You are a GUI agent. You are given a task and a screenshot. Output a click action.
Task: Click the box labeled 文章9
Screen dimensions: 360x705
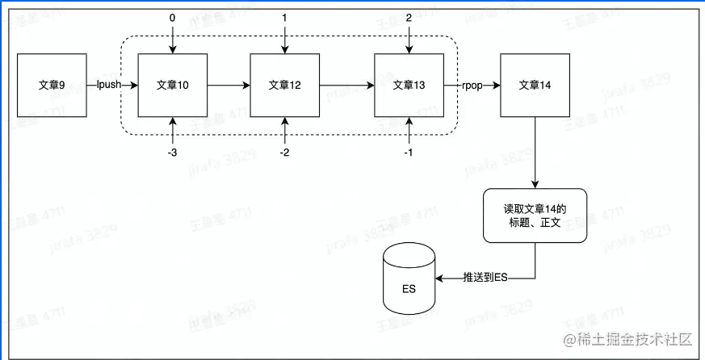coord(52,85)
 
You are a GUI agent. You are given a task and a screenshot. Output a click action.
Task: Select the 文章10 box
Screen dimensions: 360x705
coord(172,85)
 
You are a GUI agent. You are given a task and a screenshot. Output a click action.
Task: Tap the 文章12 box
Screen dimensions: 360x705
coord(284,85)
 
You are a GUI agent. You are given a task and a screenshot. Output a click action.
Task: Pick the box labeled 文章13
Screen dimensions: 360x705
coord(409,85)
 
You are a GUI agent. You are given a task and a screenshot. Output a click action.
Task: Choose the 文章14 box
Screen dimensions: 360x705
coord(535,85)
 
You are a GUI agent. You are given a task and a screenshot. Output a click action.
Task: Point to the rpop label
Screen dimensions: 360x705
coord(472,85)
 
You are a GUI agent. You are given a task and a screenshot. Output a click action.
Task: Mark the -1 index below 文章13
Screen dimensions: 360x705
coord(410,151)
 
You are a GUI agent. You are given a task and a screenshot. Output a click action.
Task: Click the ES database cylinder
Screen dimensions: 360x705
coord(409,277)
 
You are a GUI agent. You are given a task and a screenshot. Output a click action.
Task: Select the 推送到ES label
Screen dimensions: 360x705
coord(485,278)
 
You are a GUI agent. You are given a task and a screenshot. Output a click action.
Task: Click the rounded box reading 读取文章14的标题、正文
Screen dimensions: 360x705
coord(535,216)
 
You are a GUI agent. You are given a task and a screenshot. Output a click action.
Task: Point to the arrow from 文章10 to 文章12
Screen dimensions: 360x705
coord(228,85)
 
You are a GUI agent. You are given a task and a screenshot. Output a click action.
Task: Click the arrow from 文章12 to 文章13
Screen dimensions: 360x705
coord(346,85)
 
